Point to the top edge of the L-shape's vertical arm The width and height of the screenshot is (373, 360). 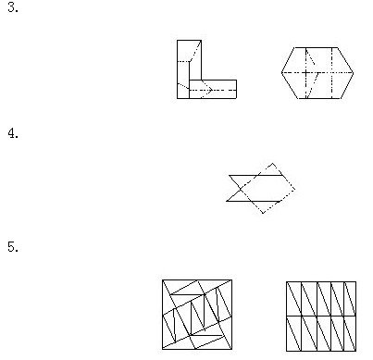click(x=188, y=41)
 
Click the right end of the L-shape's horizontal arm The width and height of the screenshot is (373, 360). click(x=236, y=89)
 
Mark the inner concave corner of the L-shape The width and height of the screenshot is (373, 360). click(x=201, y=81)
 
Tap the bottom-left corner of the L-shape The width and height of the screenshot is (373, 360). click(x=177, y=98)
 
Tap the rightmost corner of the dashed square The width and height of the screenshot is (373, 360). click(x=295, y=190)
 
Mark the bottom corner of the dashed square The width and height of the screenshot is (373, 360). click(x=262, y=214)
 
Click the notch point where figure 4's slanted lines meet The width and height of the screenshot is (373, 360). click(x=242, y=187)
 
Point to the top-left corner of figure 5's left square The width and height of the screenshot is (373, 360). click(x=162, y=280)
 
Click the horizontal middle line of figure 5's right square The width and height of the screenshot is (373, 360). click(x=321, y=315)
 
